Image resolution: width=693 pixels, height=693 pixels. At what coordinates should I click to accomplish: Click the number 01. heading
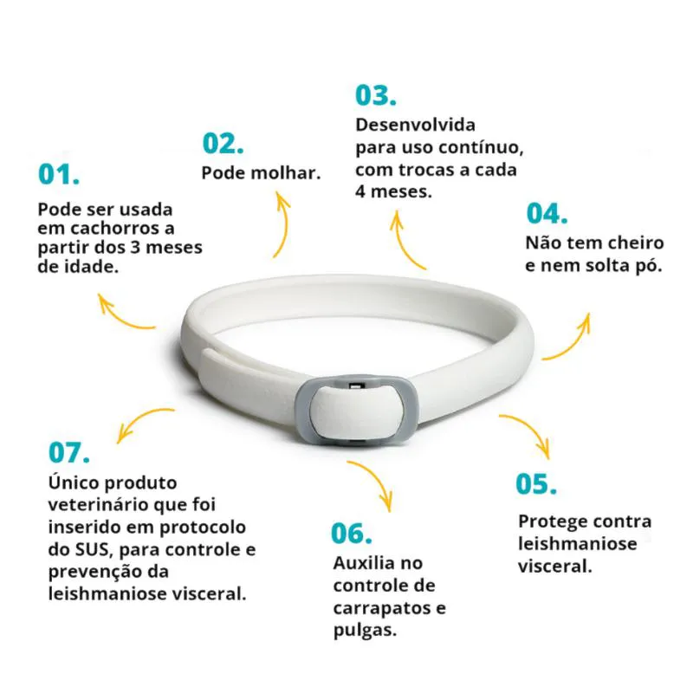click(59, 174)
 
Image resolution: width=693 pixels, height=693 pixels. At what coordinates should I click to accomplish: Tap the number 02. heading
click(223, 143)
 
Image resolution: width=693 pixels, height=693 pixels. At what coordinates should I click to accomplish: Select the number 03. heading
click(376, 95)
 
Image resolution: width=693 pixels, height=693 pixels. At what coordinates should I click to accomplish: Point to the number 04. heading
click(547, 213)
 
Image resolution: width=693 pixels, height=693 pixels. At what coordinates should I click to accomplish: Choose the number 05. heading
click(536, 483)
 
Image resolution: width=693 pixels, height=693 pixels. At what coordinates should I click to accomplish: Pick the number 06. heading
click(352, 533)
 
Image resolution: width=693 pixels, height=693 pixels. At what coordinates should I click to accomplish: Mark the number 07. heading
click(69, 452)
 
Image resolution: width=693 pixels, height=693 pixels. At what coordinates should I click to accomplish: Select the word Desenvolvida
click(416, 125)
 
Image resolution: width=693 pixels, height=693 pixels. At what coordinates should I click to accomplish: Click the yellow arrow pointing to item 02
click(284, 223)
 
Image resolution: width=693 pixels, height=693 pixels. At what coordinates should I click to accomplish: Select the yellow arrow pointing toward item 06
click(377, 481)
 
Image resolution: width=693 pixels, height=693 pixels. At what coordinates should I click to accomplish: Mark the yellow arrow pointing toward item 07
click(140, 420)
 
